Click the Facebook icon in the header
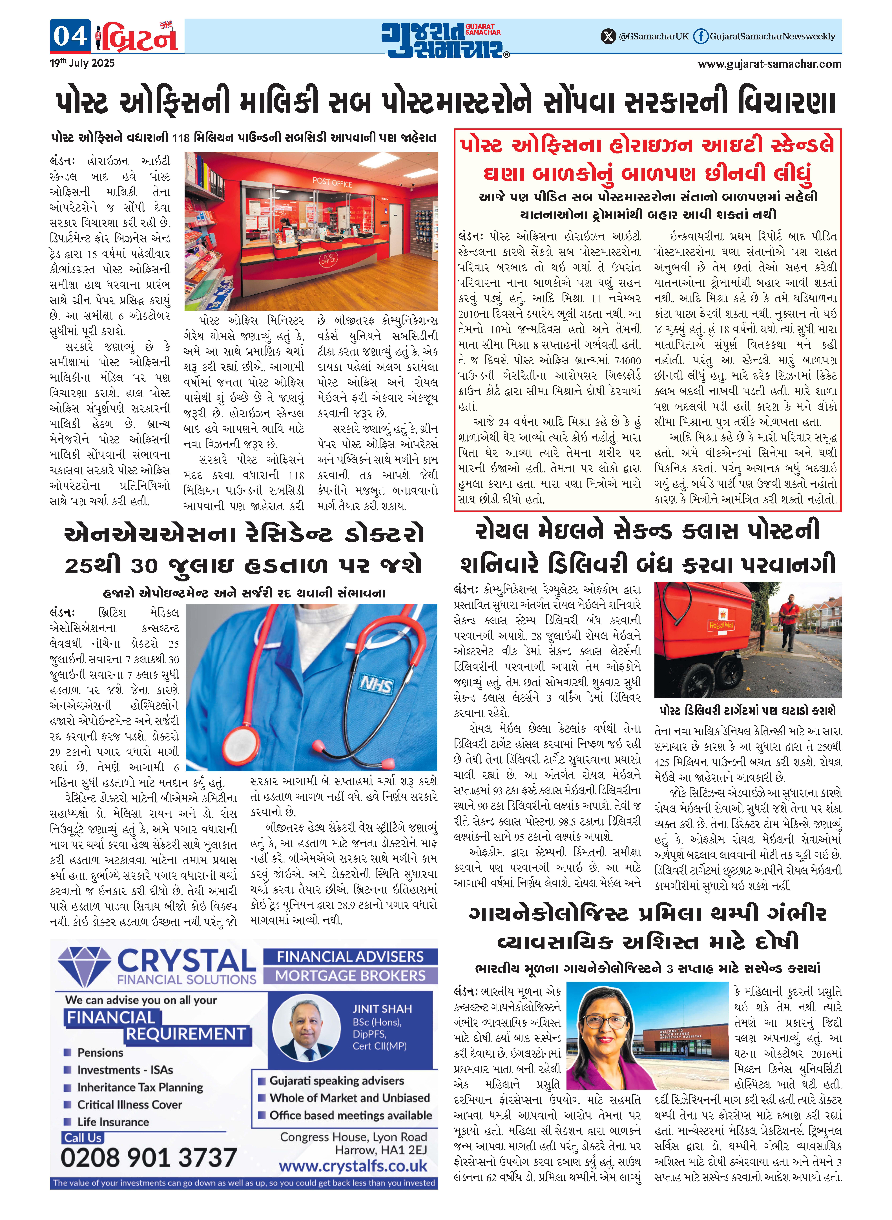coord(700,36)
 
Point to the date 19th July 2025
coord(82,63)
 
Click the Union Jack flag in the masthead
coord(166,24)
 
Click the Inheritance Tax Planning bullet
coord(140,1087)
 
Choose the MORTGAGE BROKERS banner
coord(350,976)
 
